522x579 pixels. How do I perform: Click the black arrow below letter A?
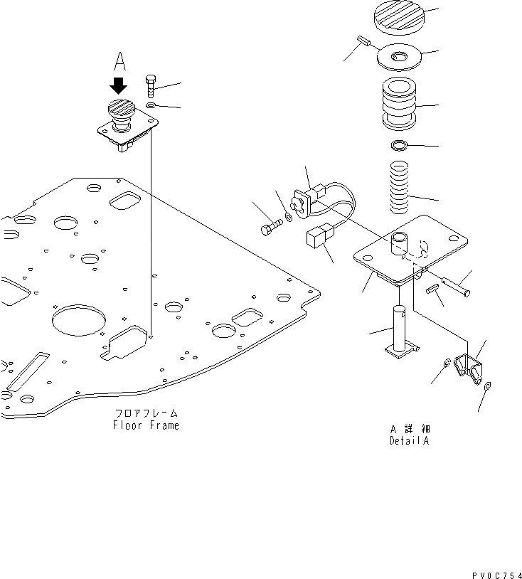(118, 87)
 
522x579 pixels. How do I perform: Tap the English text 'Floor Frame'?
(146, 425)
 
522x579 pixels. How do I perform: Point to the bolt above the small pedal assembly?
(151, 85)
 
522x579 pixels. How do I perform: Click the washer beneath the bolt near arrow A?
(151, 105)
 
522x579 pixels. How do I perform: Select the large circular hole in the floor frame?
(74, 317)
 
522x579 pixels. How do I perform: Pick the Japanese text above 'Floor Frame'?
(147, 413)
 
